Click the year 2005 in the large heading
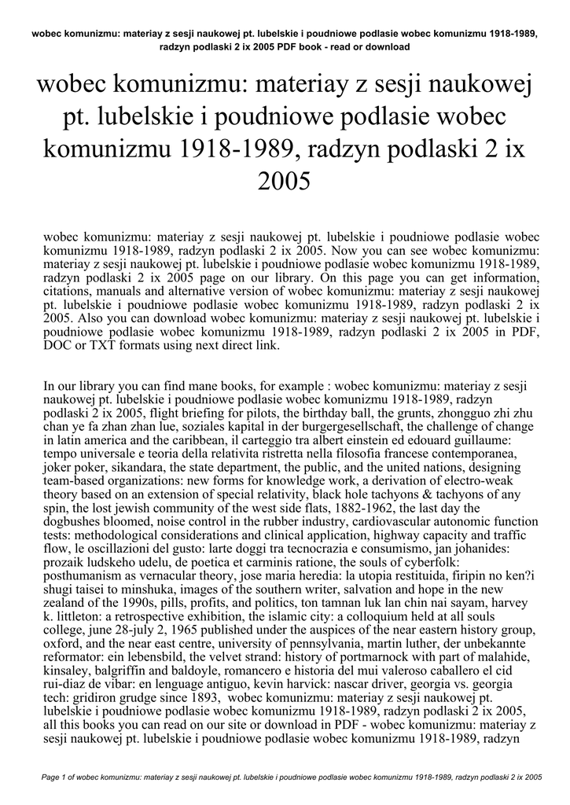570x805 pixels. point(285,182)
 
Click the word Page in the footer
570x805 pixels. point(53,777)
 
